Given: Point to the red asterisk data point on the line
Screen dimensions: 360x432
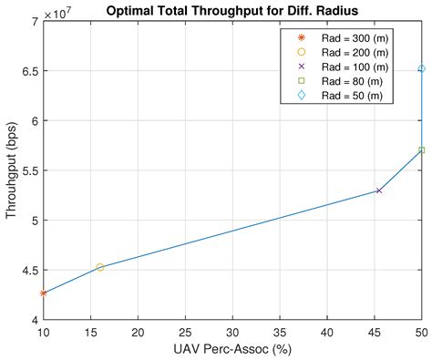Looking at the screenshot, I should [x=43, y=293].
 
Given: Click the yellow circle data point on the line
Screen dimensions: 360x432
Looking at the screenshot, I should [x=100, y=267].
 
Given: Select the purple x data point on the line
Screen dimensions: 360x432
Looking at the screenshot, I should [x=378, y=190].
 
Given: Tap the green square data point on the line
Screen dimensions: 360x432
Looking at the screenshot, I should [x=421, y=150].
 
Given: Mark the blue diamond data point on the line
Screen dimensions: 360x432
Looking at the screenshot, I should [x=421, y=68].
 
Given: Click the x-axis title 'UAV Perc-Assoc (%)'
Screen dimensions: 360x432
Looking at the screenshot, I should [x=232, y=350].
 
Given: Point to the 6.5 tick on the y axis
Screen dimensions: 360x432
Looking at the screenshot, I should [x=29, y=70].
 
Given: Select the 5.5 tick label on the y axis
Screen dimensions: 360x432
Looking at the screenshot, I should [x=29, y=170].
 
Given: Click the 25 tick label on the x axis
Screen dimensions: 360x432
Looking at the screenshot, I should [x=185, y=333].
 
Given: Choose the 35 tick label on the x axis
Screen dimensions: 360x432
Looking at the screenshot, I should [x=280, y=333].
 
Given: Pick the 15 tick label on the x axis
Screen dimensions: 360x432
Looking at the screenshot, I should [x=90, y=333].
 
